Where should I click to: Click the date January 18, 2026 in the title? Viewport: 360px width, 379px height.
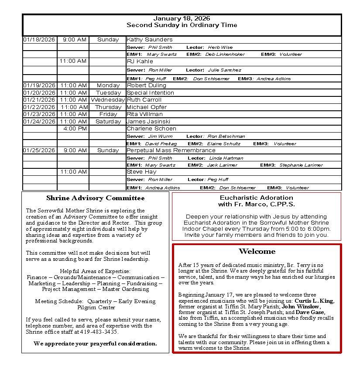click(182, 18)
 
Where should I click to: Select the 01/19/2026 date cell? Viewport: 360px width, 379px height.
click(39, 85)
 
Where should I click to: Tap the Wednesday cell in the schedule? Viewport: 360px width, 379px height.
click(108, 100)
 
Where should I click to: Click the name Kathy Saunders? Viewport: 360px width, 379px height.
click(149, 40)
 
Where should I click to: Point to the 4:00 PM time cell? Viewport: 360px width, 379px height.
click(75, 129)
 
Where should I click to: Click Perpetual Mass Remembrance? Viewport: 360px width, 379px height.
click(171, 150)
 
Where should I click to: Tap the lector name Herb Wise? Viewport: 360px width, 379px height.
click(220, 47)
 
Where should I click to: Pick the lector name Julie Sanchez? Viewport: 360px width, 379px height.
click(224, 70)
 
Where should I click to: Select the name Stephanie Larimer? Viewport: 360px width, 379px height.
click(301, 165)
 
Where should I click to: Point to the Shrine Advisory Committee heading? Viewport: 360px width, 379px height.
click(95, 198)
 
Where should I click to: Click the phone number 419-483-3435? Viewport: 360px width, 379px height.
click(99, 331)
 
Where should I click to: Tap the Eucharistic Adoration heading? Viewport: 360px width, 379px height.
click(256, 198)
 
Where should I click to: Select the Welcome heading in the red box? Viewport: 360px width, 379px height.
click(257, 251)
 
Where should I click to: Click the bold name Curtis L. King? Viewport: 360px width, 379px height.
click(314, 301)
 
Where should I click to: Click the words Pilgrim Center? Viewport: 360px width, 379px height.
click(95, 307)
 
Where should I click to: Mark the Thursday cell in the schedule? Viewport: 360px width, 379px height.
click(108, 107)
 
